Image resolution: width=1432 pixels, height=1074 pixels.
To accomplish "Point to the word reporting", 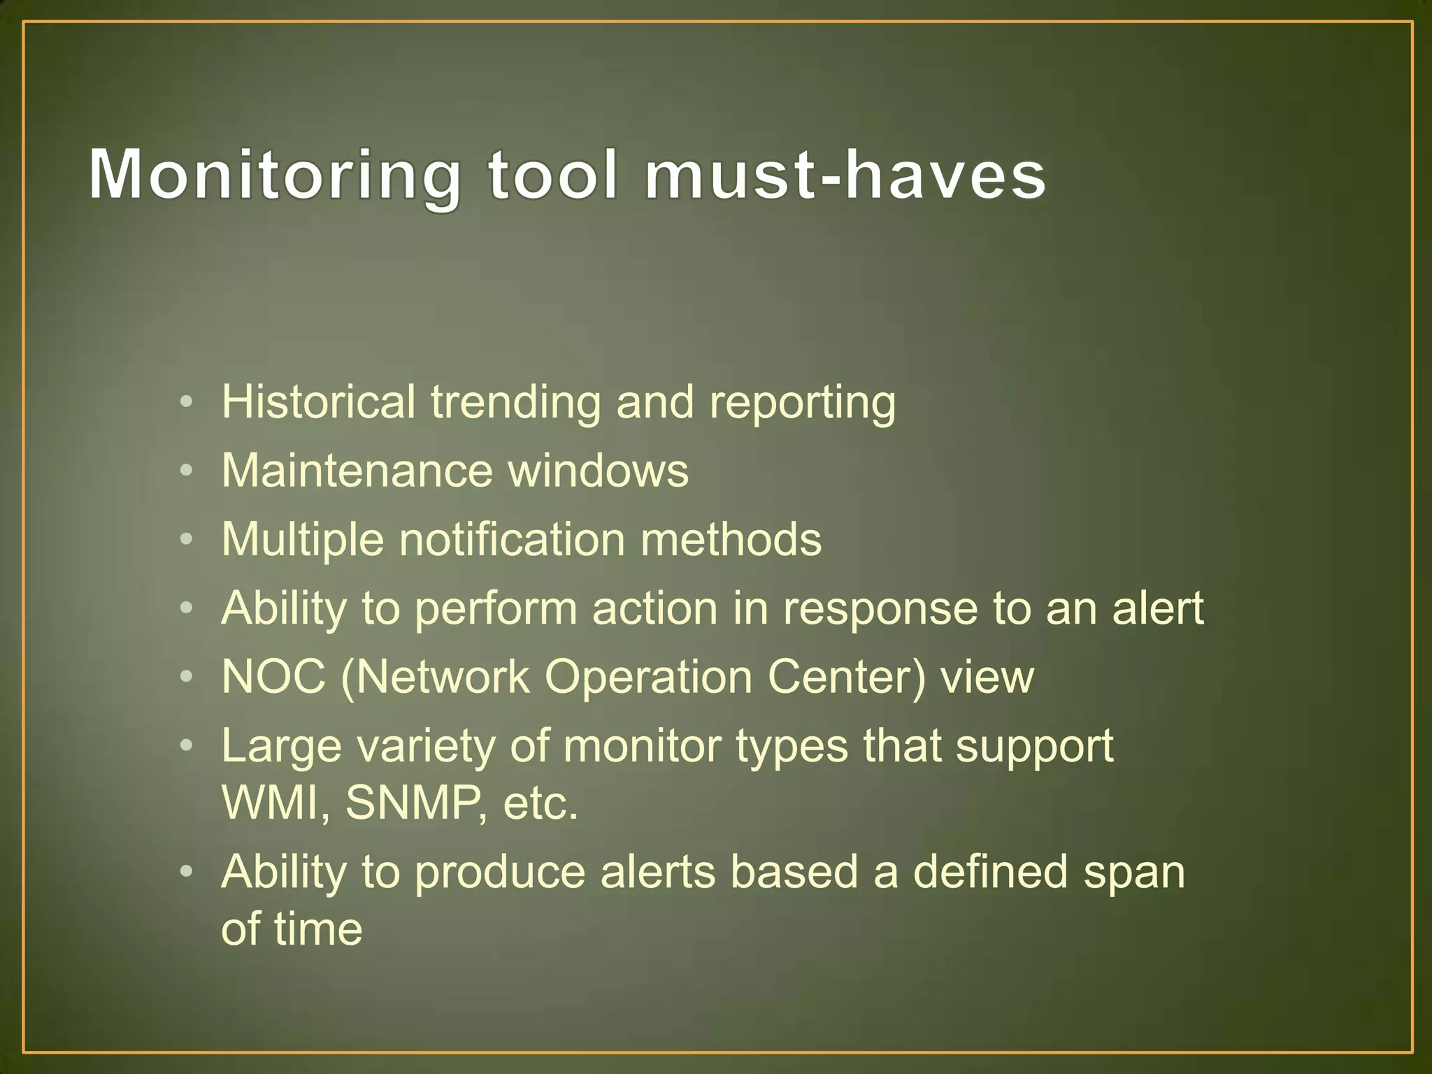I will pos(802,404).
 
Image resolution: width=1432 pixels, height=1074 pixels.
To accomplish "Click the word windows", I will pos(598,470).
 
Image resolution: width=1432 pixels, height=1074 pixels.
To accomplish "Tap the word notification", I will pos(512,539).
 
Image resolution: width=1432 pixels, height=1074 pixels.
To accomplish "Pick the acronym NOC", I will pos(273,677).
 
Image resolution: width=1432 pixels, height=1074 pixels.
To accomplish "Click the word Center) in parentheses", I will pos(846,677).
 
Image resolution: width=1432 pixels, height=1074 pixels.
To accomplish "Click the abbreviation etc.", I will pos(540,804).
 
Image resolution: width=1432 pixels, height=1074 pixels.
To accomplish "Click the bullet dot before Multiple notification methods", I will pos(185,540).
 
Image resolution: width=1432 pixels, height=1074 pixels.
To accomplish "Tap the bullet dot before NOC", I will pos(185,678).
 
